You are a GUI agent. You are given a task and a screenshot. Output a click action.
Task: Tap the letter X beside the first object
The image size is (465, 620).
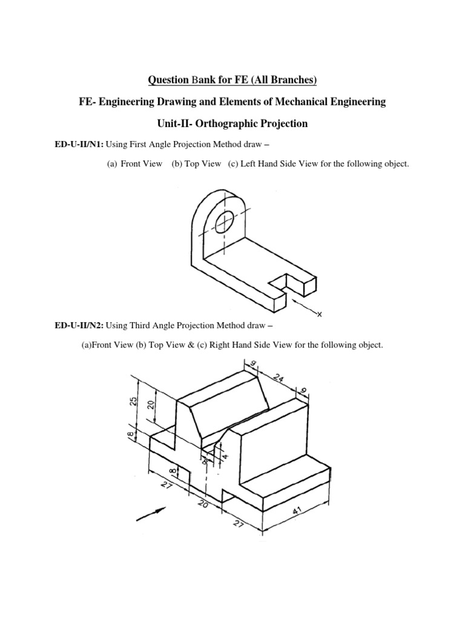click(x=320, y=314)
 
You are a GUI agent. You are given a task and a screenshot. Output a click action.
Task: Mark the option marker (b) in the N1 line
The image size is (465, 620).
click(x=179, y=165)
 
